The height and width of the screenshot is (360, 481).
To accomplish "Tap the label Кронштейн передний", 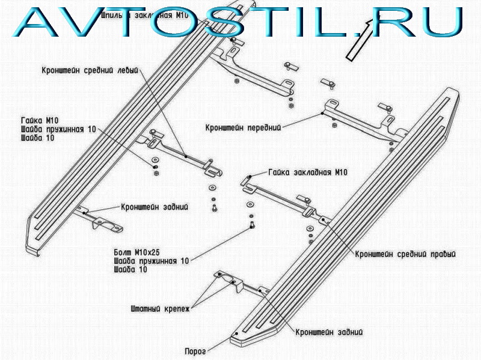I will pos(243,127).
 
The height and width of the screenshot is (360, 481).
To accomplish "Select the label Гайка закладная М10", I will pos(308,172).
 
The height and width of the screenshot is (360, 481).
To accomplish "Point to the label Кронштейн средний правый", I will pos(405,254).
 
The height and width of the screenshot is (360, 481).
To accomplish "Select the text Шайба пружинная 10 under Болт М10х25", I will pos(151,260).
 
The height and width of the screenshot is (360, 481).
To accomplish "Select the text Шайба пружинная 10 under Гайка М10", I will pos(58,129).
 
